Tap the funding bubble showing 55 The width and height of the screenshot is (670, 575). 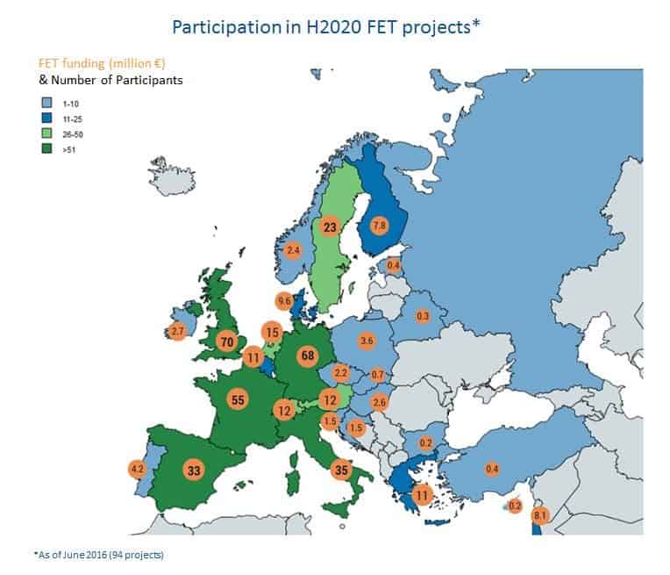(x=236, y=399)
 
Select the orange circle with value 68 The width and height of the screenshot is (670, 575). (x=307, y=356)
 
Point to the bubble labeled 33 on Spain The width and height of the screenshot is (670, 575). (x=194, y=470)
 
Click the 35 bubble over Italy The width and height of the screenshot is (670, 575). (x=341, y=470)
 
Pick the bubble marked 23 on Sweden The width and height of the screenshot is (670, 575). (x=329, y=227)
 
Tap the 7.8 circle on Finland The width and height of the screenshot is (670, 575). (x=380, y=224)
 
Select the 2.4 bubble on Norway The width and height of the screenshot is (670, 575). (x=294, y=250)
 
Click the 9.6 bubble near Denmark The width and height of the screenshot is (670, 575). (x=284, y=300)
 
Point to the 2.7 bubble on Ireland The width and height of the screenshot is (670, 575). (x=177, y=332)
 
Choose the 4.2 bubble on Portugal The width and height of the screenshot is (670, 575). (x=137, y=469)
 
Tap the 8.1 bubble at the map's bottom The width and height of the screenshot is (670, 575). (x=540, y=515)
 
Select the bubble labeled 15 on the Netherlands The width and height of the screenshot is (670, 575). (x=272, y=332)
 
